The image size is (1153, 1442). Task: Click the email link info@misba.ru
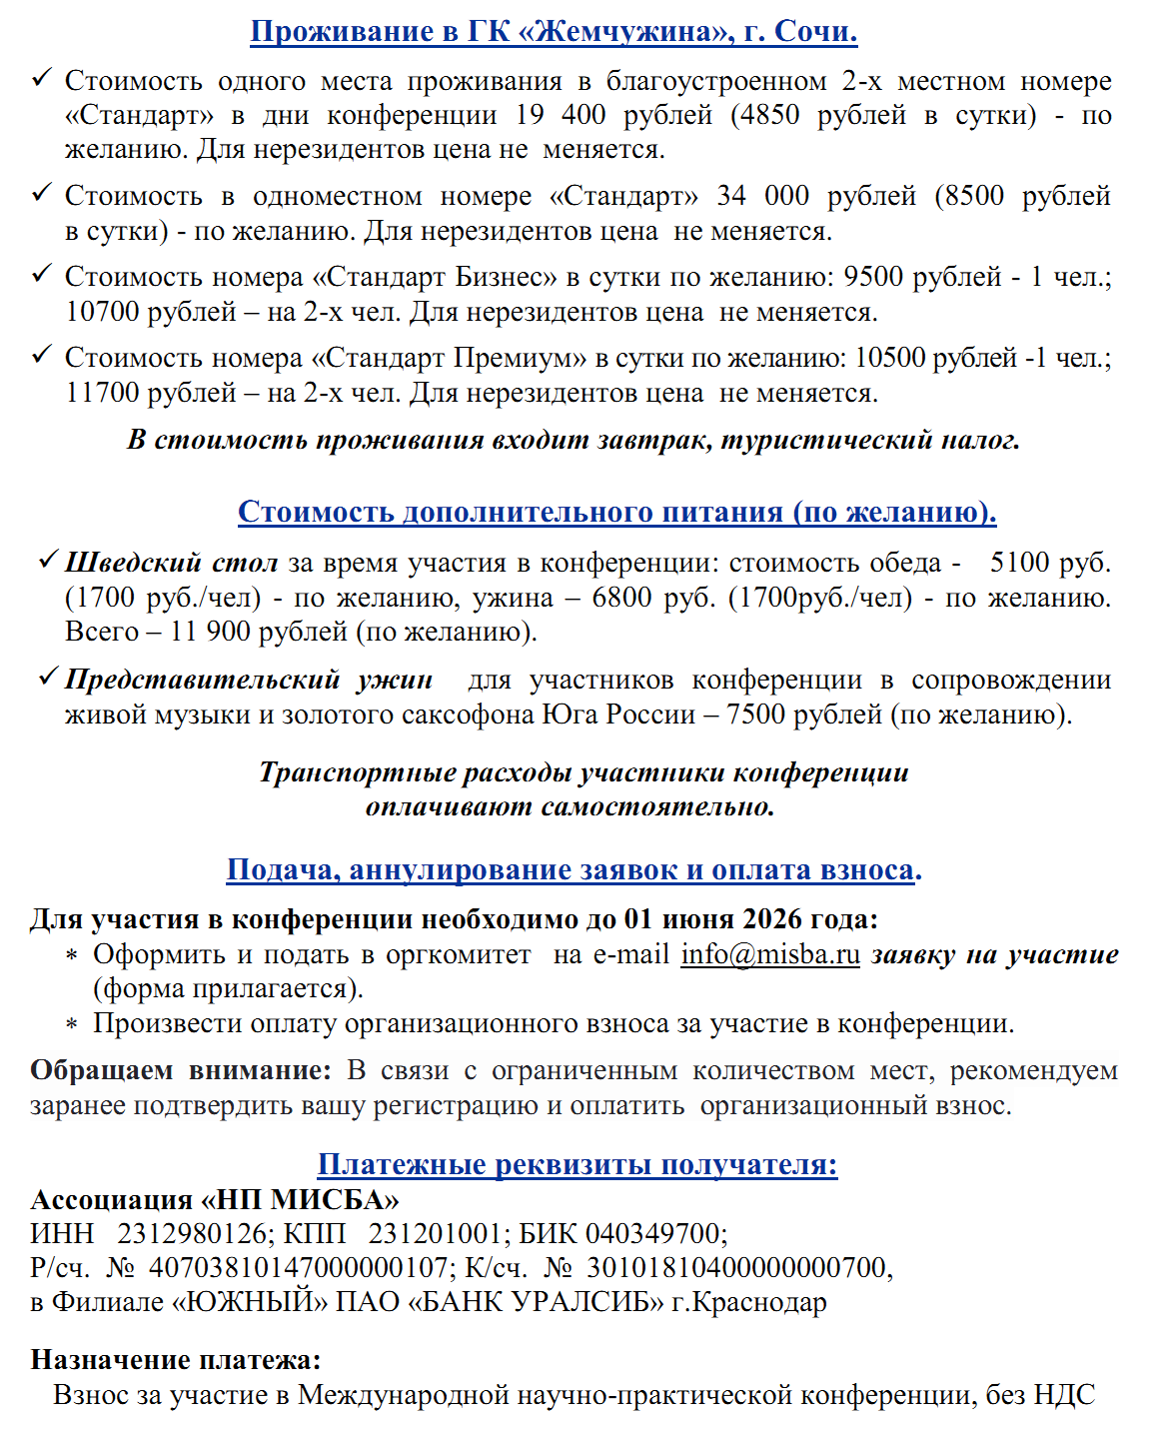(x=769, y=954)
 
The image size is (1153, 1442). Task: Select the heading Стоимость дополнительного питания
(x=616, y=512)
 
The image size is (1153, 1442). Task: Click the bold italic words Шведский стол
(x=171, y=563)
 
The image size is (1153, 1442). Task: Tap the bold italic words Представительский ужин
(x=249, y=680)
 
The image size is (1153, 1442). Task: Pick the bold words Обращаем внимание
(x=180, y=1070)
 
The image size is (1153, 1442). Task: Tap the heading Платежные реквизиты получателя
(x=576, y=1164)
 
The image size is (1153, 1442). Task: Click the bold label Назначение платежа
(x=176, y=1359)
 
